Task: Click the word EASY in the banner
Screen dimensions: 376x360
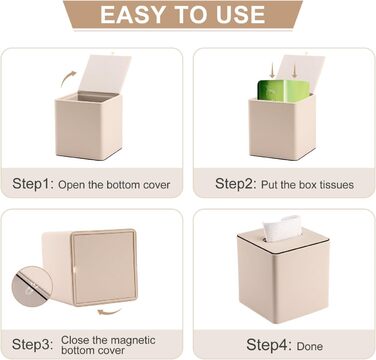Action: (x=132, y=14)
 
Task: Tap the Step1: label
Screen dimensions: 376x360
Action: (x=33, y=184)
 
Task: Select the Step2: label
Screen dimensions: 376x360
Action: (x=236, y=184)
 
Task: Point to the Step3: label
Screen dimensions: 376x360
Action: (x=32, y=345)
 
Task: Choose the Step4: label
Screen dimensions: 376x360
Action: (x=267, y=345)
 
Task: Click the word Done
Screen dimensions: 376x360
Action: (x=309, y=347)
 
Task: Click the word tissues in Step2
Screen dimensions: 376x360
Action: (x=337, y=185)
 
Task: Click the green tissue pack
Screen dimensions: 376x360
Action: (x=284, y=90)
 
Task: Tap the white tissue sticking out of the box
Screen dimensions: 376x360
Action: (x=283, y=228)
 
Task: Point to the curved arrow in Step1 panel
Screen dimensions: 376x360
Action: (x=68, y=78)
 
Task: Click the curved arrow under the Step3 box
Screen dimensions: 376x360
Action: (x=109, y=312)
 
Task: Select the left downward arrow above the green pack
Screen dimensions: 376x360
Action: (x=272, y=71)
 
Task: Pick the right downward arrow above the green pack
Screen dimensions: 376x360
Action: (x=294, y=71)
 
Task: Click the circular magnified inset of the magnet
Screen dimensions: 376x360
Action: (x=31, y=286)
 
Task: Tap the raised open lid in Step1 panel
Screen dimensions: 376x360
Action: (x=105, y=74)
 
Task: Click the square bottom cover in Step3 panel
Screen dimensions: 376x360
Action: (x=104, y=267)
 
